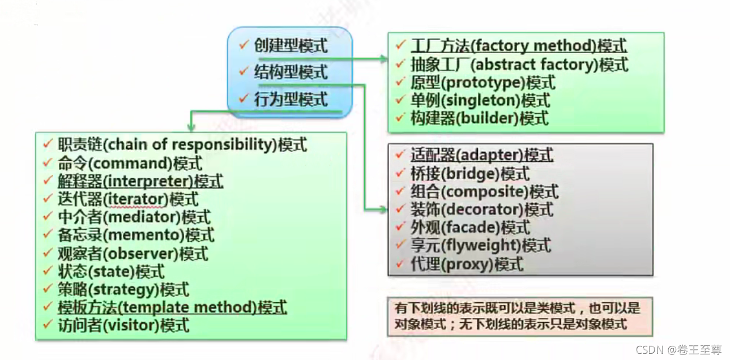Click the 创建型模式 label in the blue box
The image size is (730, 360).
click(291, 46)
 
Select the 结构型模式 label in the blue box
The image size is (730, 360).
click(291, 72)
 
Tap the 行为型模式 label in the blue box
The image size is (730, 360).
click(291, 100)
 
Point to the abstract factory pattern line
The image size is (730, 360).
click(519, 65)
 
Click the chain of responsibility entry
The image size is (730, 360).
click(181, 145)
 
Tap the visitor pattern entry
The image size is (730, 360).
click(123, 325)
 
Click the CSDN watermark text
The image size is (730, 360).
click(678, 350)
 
